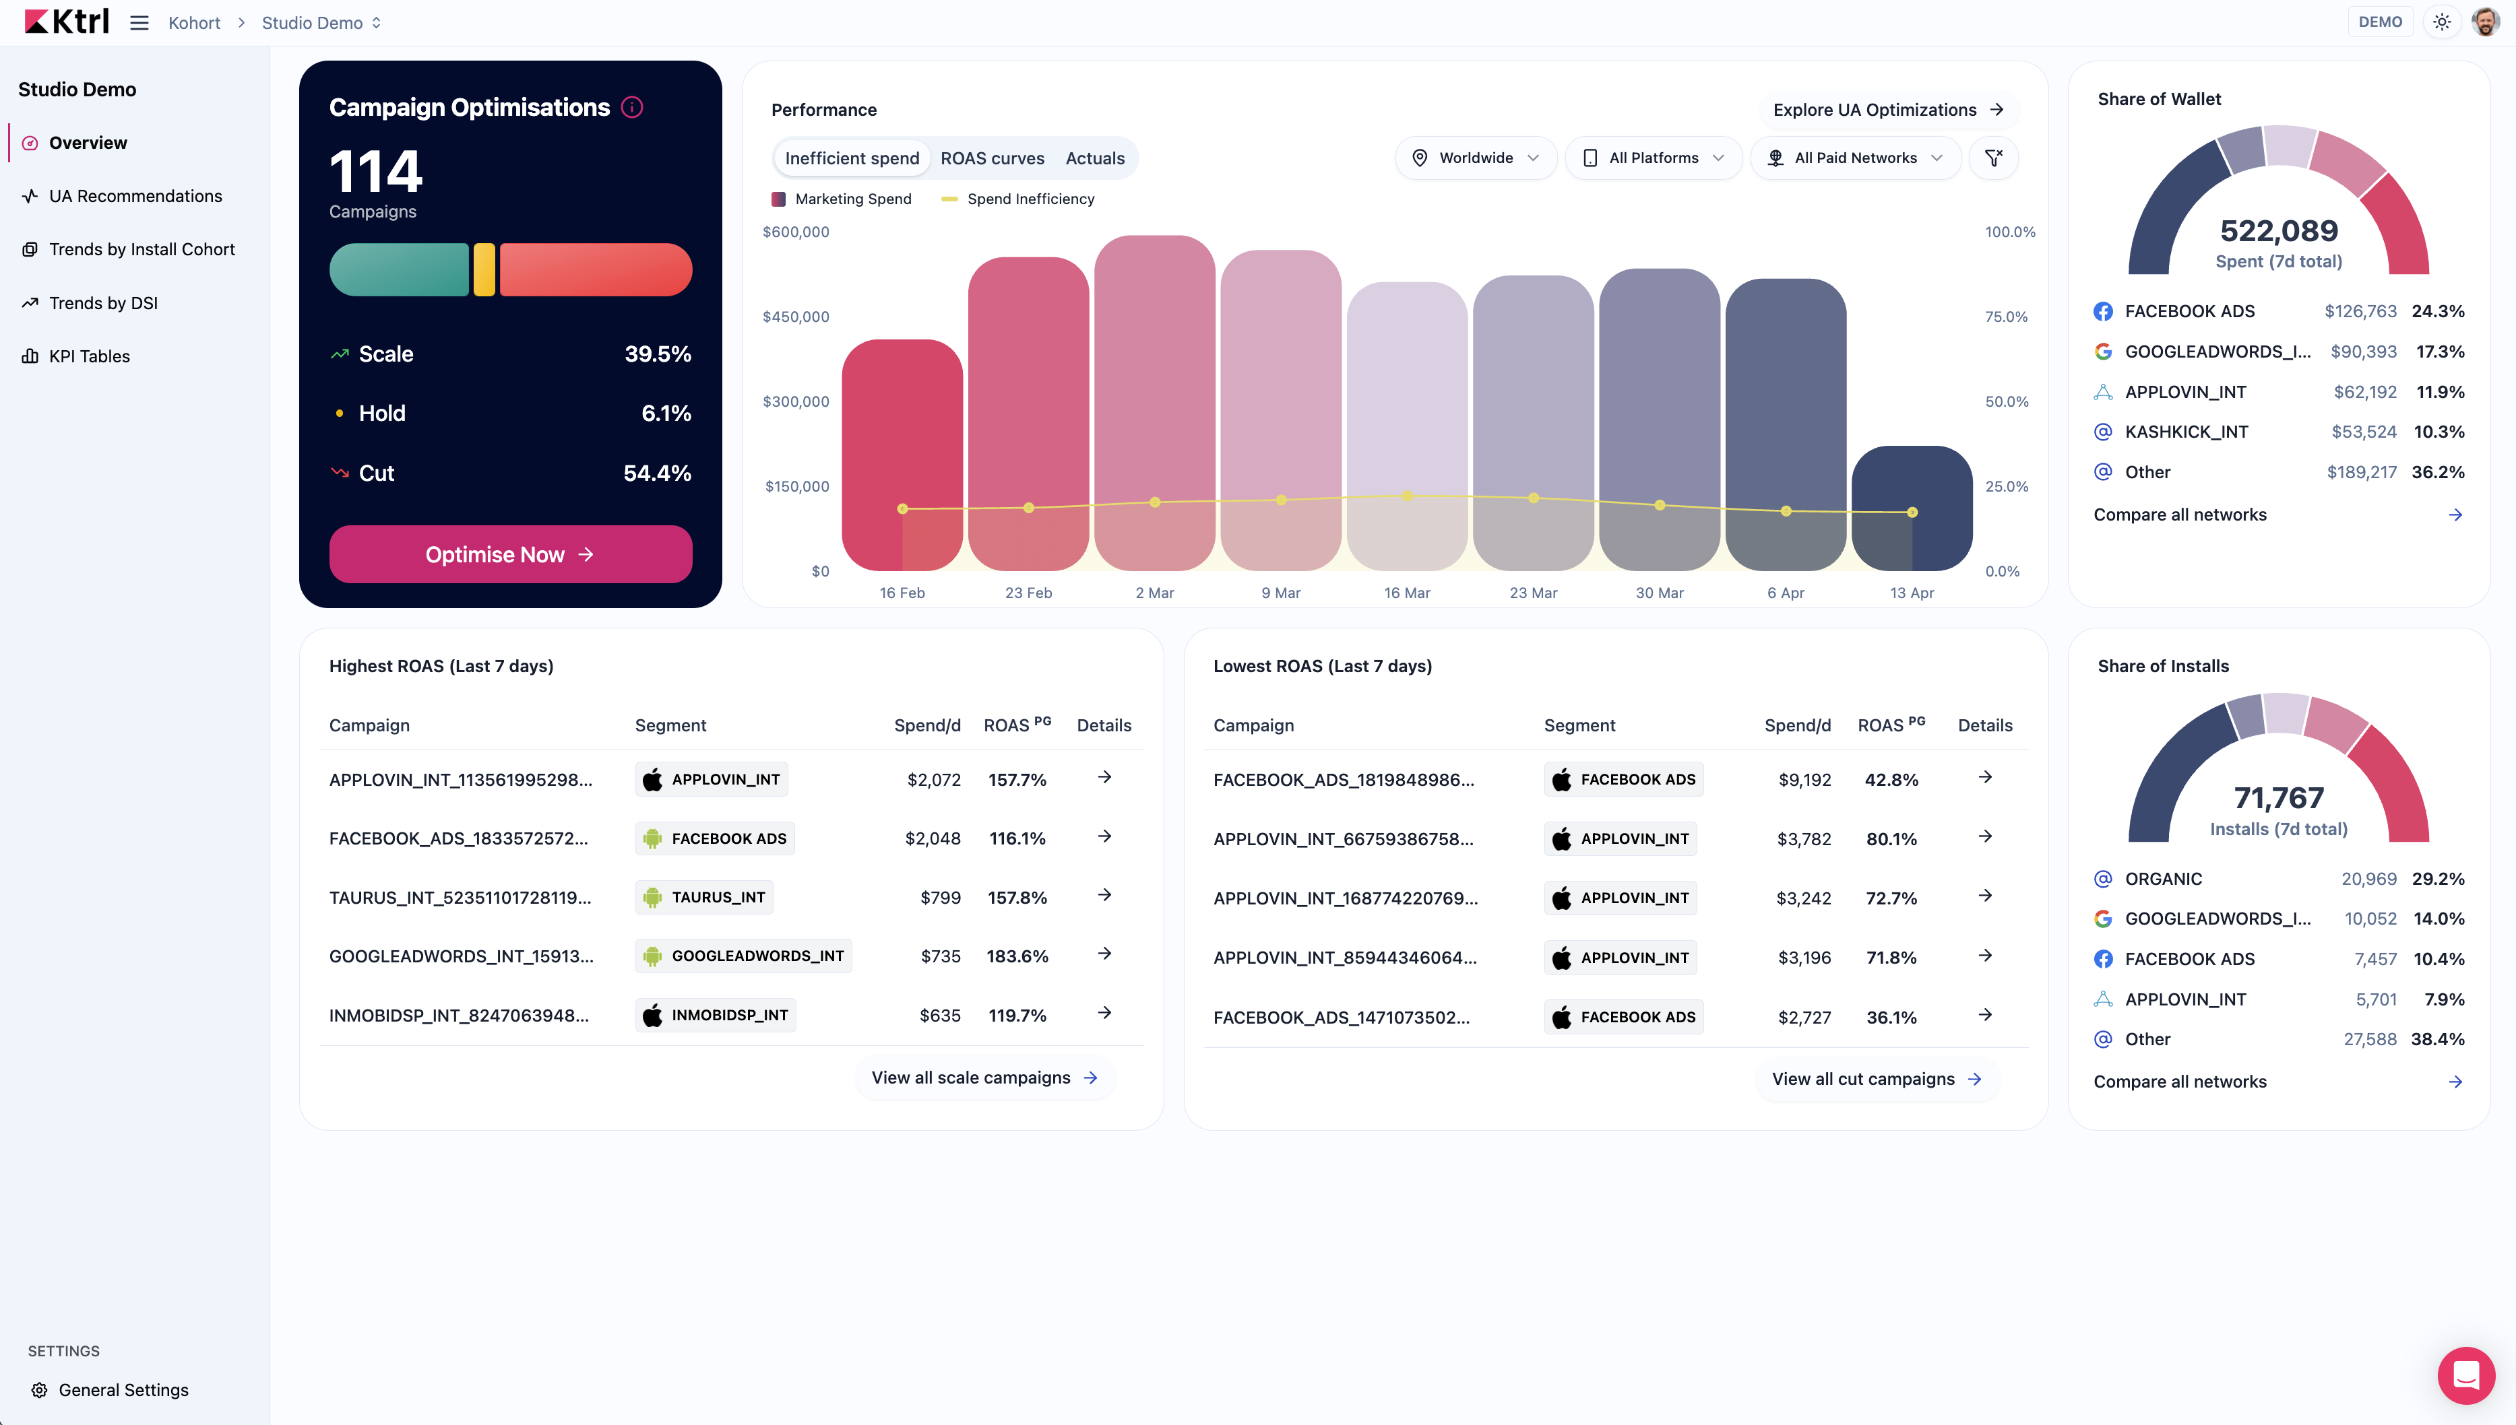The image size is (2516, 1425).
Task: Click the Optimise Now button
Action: coord(510,554)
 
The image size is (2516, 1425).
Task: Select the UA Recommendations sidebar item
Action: coord(135,196)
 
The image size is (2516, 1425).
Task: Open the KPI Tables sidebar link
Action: coord(89,356)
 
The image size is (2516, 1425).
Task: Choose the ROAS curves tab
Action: coord(992,158)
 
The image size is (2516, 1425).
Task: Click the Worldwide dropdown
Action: coord(1476,158)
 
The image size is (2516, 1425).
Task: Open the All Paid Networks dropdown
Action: coord(1855,158)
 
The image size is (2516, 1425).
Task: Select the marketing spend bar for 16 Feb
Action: coord(902,455)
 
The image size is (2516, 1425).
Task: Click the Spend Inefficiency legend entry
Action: coord(1018,199)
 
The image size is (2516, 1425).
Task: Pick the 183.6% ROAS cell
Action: coord(1017,956)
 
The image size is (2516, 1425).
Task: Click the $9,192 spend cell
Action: coord(1804,780)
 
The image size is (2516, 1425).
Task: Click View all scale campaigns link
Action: coord(985,1078)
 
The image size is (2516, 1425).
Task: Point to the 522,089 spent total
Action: coord(2278,231)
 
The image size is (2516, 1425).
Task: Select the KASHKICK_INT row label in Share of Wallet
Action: coord(2186,432)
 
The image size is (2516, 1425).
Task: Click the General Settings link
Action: coord(123,1390)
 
